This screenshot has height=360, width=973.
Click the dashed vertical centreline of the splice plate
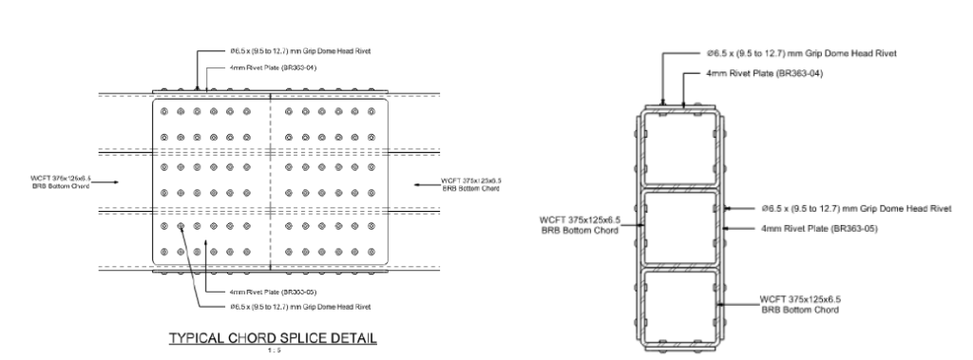272,180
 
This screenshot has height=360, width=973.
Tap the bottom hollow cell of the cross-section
677,305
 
